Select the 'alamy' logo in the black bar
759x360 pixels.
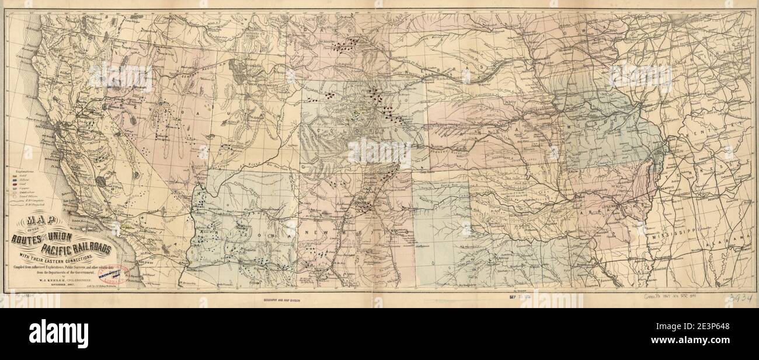tap(61, 333)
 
